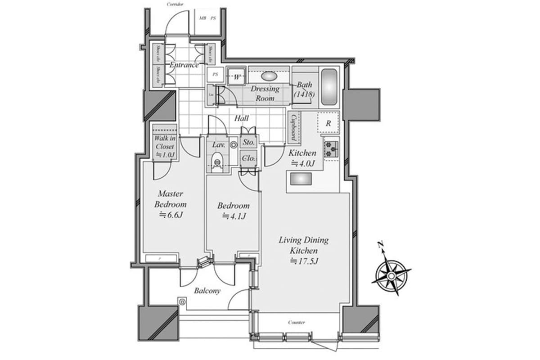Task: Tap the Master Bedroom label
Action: [170, 199]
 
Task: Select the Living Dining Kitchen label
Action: [303, 245]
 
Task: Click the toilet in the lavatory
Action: [217, 162]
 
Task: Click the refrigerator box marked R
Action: [329, 123]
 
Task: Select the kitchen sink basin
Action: [301, 180]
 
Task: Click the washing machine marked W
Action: [236, 76]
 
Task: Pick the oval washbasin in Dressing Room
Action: [269, 76]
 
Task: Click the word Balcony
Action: [207, 291]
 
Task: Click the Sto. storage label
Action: [248, 143]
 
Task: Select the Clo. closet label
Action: [248, 158]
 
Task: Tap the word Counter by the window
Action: [297, 323]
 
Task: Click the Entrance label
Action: [184, 65]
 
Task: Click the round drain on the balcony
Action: [182, 302]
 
